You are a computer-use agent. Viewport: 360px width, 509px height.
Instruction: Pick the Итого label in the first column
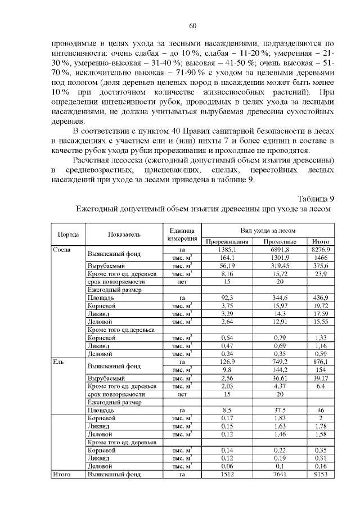tap(60, 475)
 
